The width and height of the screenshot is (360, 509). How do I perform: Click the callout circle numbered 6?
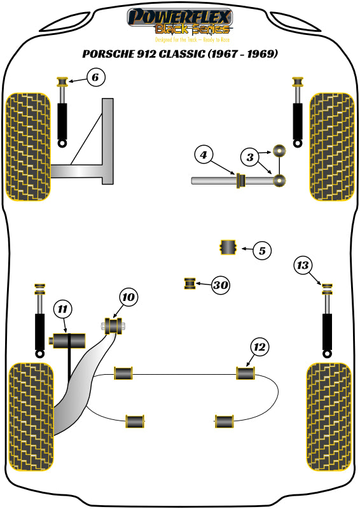click(x=94, y=78)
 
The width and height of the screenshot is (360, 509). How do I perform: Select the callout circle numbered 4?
click(x=203, y=155)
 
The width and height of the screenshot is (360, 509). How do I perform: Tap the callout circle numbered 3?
click(x=250, y=156)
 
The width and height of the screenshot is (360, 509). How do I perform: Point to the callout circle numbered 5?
click(x=261, y=251)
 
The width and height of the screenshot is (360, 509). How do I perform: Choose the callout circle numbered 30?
click(x=220, y=285)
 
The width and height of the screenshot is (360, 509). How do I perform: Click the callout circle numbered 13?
click(x=303, y=265)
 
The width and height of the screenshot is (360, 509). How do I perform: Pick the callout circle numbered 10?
click(x=128, y=297)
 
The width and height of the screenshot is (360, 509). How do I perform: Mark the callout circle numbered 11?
click(x=62, y=309)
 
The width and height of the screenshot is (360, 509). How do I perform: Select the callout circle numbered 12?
click(x=259, y=347)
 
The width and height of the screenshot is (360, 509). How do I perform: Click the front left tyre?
click(x=27, y=146)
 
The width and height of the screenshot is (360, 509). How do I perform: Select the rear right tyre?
click(x=329, y=416)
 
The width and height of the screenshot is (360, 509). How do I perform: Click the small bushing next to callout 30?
click(x=189, y=283)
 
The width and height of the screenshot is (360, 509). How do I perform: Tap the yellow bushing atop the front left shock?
click(x=63, y=82)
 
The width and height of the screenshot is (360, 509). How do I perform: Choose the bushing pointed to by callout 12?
click(x=246, y=373)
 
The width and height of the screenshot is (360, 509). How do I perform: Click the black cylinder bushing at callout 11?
click(x=68, y=341)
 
